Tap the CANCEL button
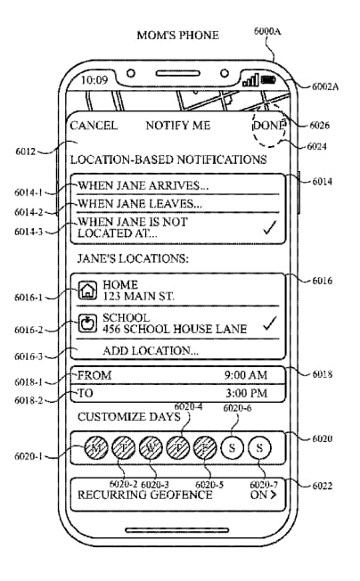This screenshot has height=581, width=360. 94,126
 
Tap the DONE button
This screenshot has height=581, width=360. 269,126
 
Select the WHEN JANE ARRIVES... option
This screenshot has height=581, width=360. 143,185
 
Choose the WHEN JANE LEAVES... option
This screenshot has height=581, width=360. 140,203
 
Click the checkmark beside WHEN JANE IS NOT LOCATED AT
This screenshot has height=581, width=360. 270,227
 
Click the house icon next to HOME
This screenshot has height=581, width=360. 87,290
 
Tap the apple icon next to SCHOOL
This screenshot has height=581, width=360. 87,323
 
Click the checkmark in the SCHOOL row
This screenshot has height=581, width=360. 270,323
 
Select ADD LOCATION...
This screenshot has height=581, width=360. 151,350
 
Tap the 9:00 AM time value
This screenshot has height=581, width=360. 246,375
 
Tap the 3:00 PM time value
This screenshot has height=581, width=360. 247,393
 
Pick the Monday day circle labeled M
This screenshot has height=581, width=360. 96,448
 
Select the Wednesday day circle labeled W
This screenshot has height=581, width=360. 151,448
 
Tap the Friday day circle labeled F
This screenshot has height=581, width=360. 205,448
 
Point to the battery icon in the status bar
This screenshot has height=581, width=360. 268,79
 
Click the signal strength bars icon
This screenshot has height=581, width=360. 250,80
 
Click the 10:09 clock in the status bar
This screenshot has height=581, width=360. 94,80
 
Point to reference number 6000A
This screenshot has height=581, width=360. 267,31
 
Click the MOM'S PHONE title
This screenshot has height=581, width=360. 178,36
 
